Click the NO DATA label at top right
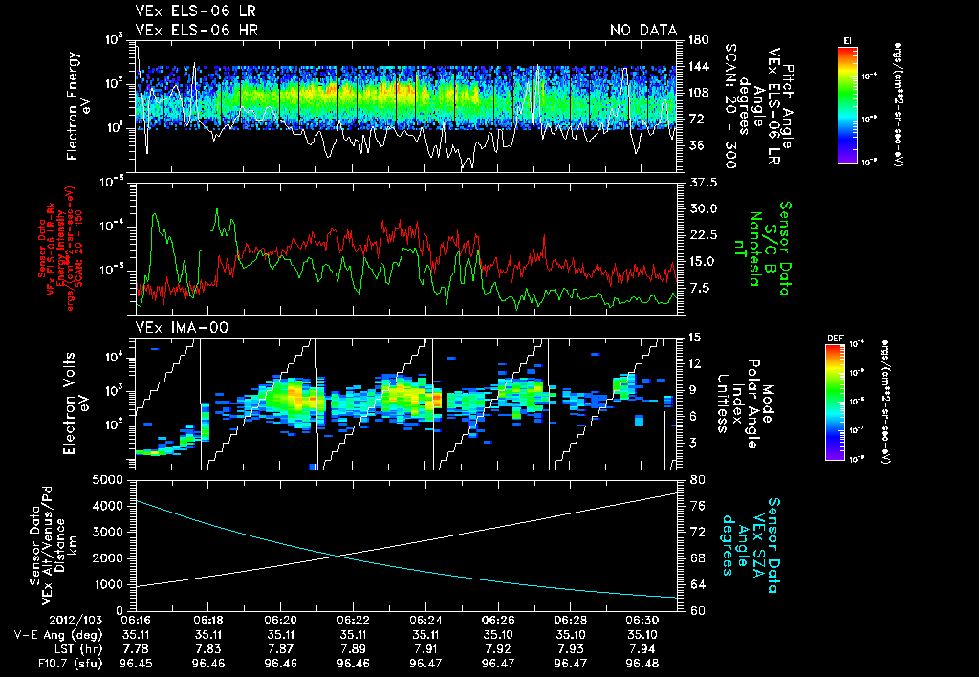[642, 31]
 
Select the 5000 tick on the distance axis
[109, 479]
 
